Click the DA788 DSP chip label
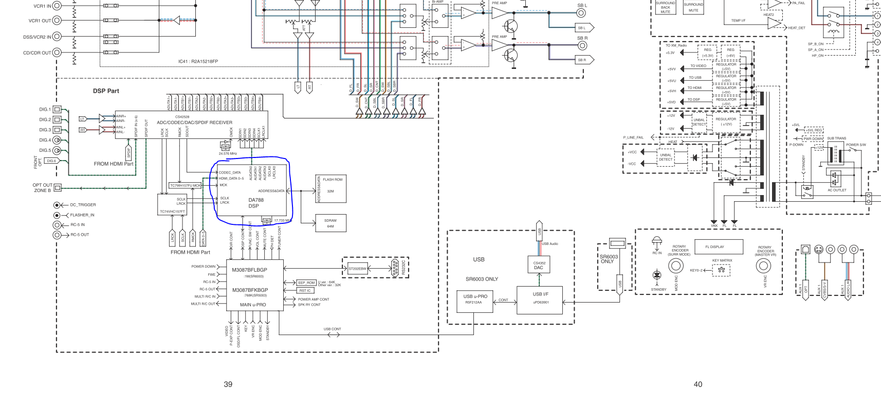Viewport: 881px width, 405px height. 254,203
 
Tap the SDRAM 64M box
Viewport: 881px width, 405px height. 331,223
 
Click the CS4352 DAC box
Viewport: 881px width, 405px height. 539,265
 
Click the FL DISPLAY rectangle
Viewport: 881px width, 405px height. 719,247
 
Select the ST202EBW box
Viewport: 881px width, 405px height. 358,269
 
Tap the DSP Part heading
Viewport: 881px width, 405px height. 106,91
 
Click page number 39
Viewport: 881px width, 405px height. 228,384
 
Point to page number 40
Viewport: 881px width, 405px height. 698,384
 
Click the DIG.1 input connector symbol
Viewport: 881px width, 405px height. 58,109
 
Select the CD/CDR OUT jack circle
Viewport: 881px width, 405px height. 57,52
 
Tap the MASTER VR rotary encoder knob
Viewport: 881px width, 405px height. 763,266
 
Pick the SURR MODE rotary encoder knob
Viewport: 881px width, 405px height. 675,266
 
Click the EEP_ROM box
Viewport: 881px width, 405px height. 306,283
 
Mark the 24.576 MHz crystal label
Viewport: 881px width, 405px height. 228,153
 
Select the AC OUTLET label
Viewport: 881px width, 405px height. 837,190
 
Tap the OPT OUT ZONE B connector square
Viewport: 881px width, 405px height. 58,187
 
